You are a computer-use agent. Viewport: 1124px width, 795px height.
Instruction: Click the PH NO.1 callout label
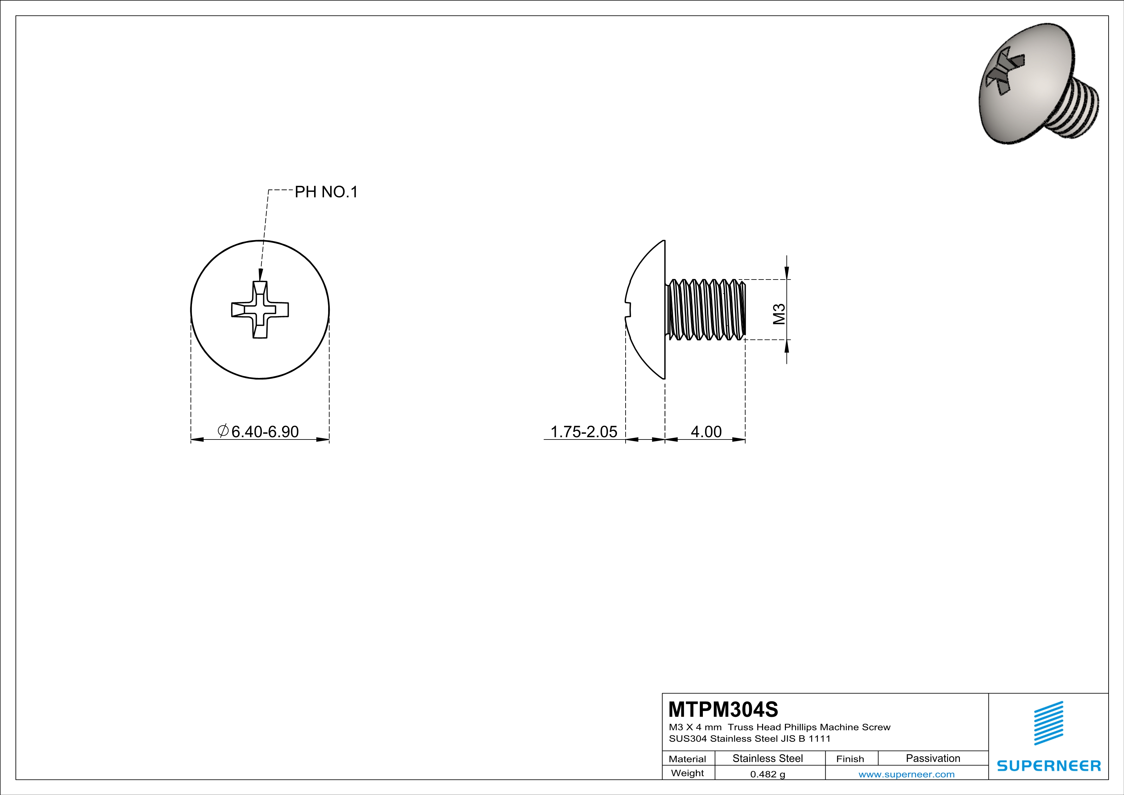[x=326, y=192]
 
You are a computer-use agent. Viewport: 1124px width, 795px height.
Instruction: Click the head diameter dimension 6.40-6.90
[x=264, y=431]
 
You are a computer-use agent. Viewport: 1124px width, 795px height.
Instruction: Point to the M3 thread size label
[x=779, y=314]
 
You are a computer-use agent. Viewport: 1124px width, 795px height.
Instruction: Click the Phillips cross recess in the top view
[x=260, y=309]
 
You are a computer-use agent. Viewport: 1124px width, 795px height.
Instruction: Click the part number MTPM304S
[x=723, y=709]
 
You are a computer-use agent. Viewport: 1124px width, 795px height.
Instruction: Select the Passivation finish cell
[x=933, y=758]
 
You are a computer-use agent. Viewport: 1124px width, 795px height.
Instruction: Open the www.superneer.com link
[x=906, y=774]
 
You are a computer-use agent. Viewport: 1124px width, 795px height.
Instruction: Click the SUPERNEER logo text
[x=1049, y=766]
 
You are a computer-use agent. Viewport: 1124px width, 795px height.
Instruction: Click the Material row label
[x=687, y=759]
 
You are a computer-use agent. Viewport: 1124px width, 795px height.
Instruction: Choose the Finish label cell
[x=850, y=759]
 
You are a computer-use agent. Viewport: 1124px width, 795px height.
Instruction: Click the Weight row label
[x=687, y=773]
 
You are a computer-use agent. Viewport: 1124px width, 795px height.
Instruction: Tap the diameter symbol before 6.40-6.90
[x=223, y=431]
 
